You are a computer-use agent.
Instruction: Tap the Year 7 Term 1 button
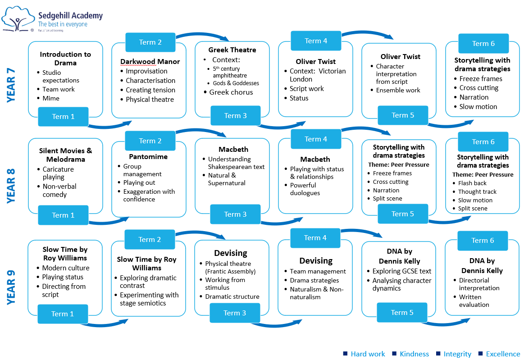coord(63,117)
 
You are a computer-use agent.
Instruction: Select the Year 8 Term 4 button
coord(316,139)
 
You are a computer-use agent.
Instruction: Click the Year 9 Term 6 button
coord(483,241)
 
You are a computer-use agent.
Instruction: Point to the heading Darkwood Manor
coord(150,62)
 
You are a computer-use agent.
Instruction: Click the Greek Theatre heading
coord(232,50)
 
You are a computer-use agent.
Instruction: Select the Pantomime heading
coord(148,157)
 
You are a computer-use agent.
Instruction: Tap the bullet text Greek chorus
coord(231,92)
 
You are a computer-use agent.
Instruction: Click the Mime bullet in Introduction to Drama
coord(51,98)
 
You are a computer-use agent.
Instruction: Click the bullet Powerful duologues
coord(305,189)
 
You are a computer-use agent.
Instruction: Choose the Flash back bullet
coord(472,183)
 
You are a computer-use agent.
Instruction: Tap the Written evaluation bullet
coord(474,301)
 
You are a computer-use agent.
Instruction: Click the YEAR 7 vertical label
coord(11,83)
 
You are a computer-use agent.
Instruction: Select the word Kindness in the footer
coord(414,354)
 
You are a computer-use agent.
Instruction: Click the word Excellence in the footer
coord(503,354)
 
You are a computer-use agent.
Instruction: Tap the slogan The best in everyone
coord(63,24)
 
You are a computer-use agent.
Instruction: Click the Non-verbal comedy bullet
coord(59,191)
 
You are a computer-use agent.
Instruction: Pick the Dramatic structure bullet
coord(232,297)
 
